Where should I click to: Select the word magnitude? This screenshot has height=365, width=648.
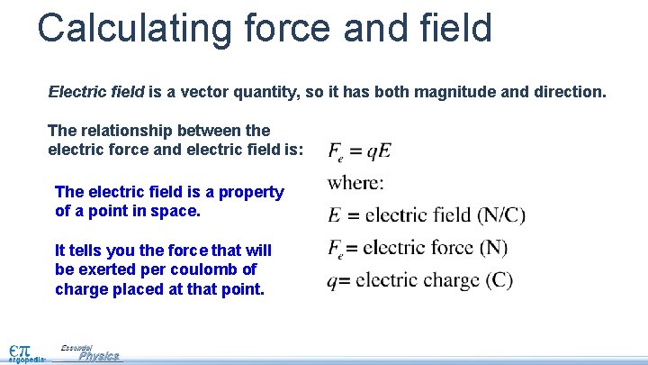(474, 92)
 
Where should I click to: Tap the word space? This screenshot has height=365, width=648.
(175, 212)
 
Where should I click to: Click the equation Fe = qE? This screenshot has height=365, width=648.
(359, 151)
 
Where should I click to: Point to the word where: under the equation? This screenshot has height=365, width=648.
(355, 183)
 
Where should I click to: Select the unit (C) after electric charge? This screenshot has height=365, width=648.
(499, 280)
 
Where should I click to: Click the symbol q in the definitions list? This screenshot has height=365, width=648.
(332, 281)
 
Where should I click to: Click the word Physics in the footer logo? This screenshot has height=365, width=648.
(98, 356)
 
